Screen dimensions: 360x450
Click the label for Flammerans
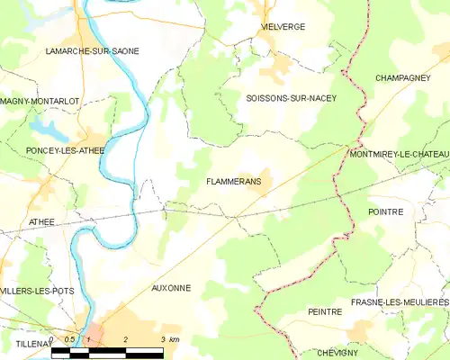tap(233, 181)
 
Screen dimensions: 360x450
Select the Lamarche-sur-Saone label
tap(93, 51)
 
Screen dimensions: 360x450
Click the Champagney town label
tap(402, 78)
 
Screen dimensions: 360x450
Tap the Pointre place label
tap(385, 211)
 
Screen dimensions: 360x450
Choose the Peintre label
tap(325, 311)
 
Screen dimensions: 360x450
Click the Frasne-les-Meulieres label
tap(400, 301)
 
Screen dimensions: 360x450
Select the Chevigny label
tap(338, 354)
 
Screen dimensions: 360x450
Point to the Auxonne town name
tap(171, 288)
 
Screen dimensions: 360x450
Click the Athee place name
tap(41, 221)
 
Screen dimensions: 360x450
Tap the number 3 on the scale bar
tap(162, 339)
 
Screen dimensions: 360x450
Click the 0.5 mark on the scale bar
tap(69, 339)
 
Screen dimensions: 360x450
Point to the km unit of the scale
tap(175, 339)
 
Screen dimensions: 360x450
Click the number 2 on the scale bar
tap(125, 339)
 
